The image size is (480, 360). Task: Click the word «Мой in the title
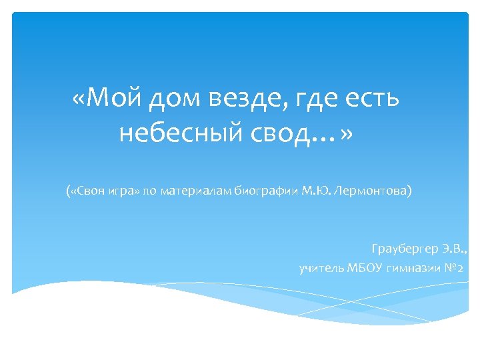pos(106,99)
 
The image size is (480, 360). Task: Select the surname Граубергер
pos(404,249)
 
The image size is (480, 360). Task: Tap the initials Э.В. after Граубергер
pos(455,249)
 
